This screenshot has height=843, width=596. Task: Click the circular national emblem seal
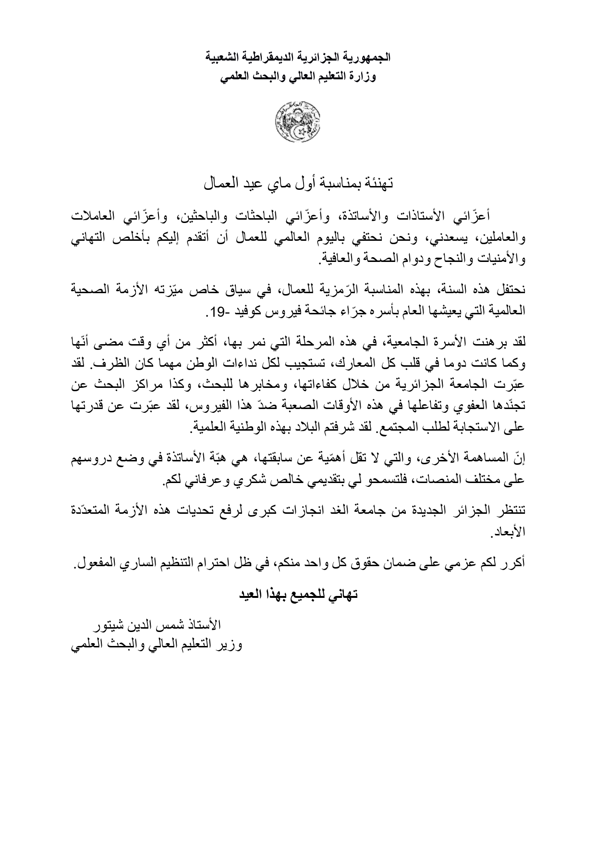point(298,121)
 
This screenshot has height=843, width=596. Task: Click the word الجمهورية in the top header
point(370,59)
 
